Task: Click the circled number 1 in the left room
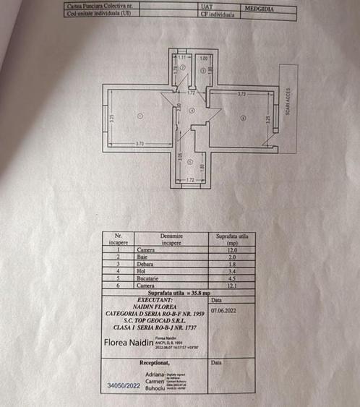tap(140, 116)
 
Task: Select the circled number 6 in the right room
tap(243, 118)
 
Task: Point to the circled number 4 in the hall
tap(192, 111)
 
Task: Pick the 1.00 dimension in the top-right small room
tap(204, 58)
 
